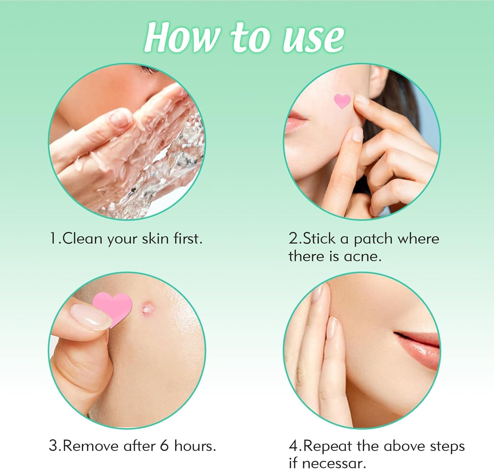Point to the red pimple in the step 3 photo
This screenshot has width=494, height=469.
click(147, 308)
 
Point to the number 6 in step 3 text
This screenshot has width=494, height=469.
click(164, 446)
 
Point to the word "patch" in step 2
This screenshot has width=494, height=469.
click(373, 239)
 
